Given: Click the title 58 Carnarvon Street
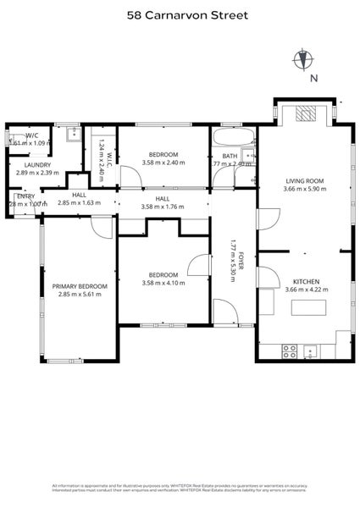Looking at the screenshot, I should point(180,14).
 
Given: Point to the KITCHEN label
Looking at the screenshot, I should point(305,281).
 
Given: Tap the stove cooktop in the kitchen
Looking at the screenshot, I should point(289,349).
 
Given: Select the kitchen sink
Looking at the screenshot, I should point(310,349).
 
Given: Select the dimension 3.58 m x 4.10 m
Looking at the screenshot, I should point(163,283).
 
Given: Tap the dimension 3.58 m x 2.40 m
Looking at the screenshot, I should point(163,163).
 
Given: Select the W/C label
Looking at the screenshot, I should point(31,135).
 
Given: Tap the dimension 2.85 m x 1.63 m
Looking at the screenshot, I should point(79,203).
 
